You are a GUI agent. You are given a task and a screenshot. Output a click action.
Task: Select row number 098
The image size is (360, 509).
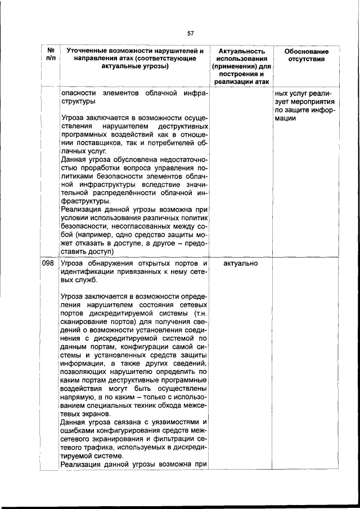click(48, 263)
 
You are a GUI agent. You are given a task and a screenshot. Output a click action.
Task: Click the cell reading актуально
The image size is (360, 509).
click(238, 263)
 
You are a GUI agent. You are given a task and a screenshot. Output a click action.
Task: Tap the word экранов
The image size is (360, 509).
click(90, 414)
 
